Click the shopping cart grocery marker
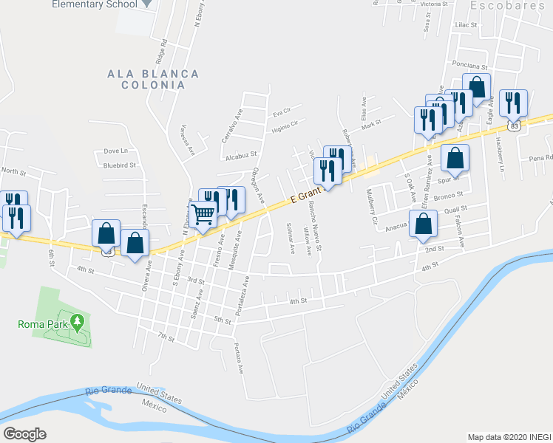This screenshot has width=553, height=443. click(203, 215)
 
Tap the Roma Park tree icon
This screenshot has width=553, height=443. click(76, 321)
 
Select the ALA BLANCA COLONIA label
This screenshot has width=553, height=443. click(153, 79)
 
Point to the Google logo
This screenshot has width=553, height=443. click(24, 433)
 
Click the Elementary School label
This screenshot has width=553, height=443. click(94, 4)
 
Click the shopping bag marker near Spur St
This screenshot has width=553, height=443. click(455, 157)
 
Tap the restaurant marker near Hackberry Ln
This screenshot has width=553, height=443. click(512, 102)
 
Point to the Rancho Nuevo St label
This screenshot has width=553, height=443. click(316, 226)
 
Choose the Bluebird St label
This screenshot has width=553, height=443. click(120, 165)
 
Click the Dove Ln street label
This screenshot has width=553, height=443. click(116, 151)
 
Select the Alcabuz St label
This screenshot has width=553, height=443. click(240, 156)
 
